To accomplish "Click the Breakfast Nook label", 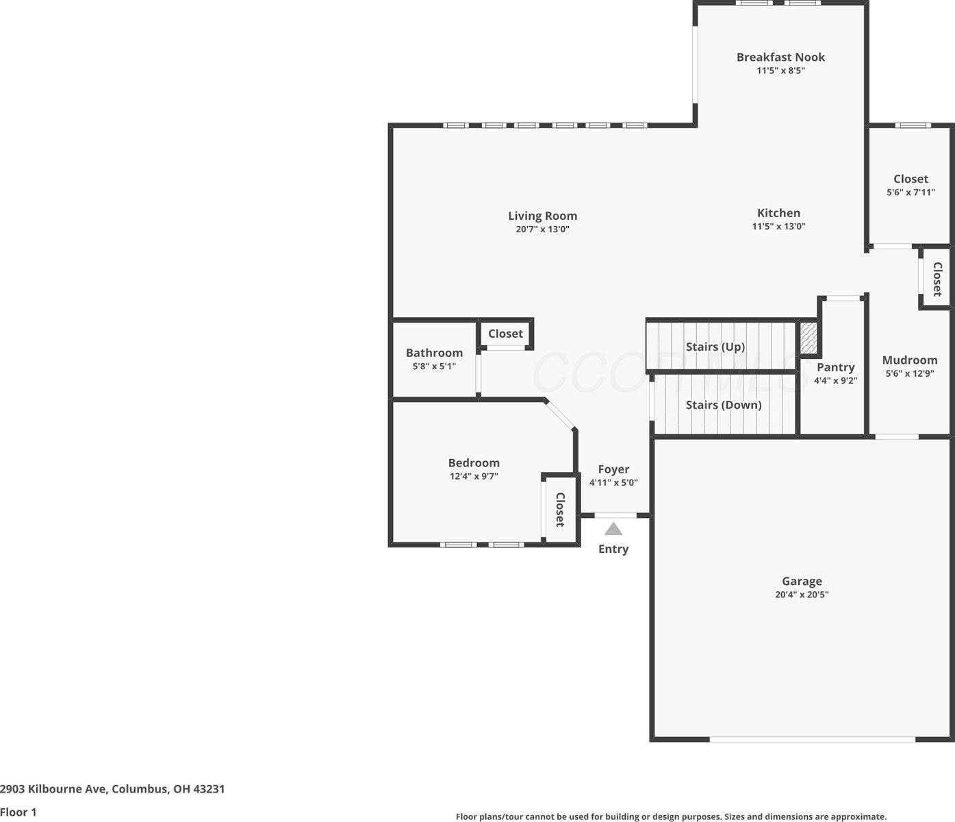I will [x=780, y=58].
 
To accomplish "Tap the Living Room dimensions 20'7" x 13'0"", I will [x=542, y=229].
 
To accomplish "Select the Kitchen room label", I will [x=778, y=213].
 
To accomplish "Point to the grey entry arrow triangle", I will [x=613, y=529].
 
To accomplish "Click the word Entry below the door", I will [x=613, y=549].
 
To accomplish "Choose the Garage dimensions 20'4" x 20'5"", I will [x=802, y=595].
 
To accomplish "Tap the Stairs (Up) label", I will [x=715, y=347].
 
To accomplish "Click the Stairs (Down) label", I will [x=724, y=405].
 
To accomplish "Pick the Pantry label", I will [x=835, y=367].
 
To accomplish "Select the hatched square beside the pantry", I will [x=809, y=338].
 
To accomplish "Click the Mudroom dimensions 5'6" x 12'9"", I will [x=910, y=373].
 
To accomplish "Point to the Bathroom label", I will [x=434, y=353].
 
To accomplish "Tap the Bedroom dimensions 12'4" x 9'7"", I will [x=474, y=476].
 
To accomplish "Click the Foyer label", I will [x=613, y=469].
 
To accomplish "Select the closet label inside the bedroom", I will [x=560, y=510].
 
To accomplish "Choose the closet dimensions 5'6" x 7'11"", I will [x=911, y=192].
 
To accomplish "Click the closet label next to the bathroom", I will [x=505, y=334].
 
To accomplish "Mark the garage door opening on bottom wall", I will [x=812, y=739].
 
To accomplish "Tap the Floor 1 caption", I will [x=18, y=812].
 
